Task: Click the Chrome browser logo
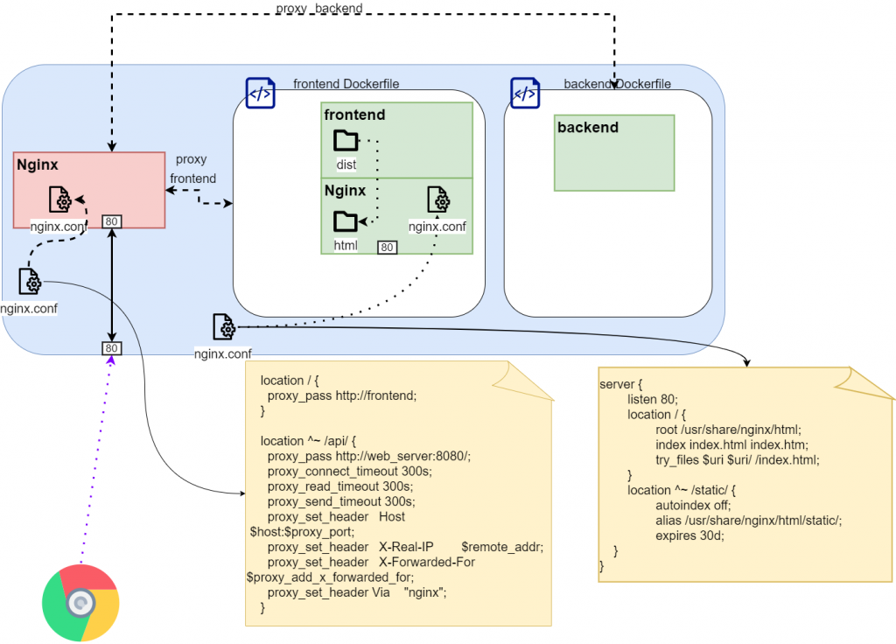(x=80, y=604)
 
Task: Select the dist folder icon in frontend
(x=346, y=141)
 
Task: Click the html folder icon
(x=346, y=221)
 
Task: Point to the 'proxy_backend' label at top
(x=318, y=8)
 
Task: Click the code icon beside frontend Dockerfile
(x=260, y=93)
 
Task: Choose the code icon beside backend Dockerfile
(x=526, y=93)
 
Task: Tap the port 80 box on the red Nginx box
(x=111, y=221)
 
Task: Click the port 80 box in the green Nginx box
(x=387, y=248)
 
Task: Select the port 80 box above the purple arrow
(x=111, y=348)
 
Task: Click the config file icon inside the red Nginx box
(x=60, y=199)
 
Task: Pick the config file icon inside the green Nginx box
(x=438, y=200)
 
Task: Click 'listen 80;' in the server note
(x=652, y=399)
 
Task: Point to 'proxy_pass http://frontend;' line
(x=342, y=395)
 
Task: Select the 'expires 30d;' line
(x=689, y=535)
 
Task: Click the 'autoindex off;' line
(x=693, y=505)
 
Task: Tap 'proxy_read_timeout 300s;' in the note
(x=339, y=486)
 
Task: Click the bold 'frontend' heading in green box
(x=354, y=115)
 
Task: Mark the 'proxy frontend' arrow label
(x=192, y=169)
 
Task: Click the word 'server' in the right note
(x=618, y=384)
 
